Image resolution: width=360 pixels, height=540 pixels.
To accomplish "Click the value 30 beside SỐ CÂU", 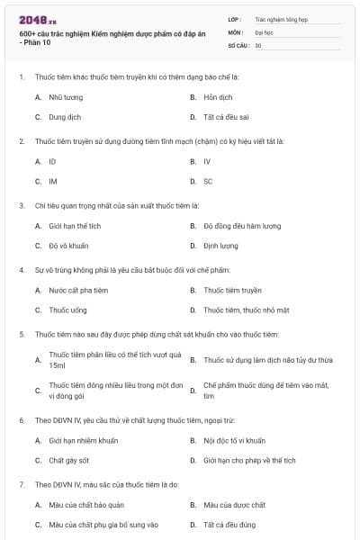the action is point(258,45).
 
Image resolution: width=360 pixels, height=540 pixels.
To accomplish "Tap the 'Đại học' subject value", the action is point(264,31).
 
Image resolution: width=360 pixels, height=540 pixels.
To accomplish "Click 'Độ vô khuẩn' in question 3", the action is point(68,246).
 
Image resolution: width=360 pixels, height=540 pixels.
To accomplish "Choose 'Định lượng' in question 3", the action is point(220,246).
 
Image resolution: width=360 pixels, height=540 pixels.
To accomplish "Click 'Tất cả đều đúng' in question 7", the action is point(229,525).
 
